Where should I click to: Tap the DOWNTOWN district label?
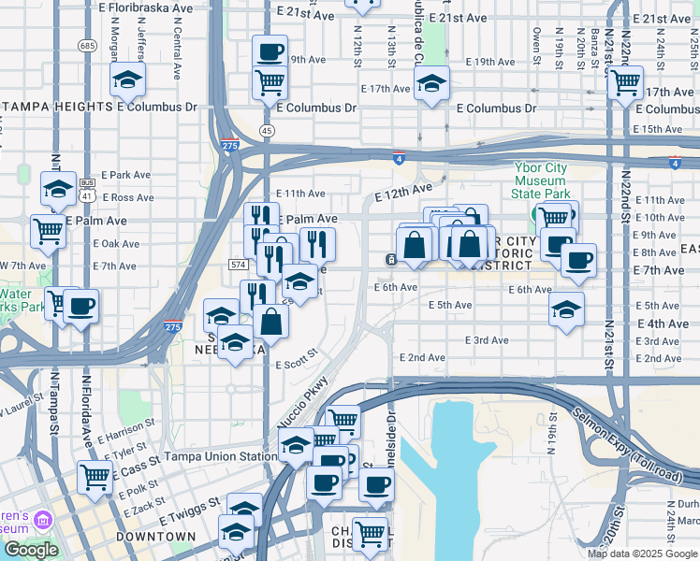(155, 538)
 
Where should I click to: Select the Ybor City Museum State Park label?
(542, 180)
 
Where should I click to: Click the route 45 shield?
(268, 130)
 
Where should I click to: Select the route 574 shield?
(237, 266)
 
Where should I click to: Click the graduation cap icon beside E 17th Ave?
(431, 84)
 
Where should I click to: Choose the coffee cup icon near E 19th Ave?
(270, 51)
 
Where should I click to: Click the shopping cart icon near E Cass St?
(95, 477)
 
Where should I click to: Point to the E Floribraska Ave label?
(140, 7)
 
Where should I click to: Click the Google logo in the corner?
(31, 550)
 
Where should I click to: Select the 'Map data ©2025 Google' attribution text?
(642, 554)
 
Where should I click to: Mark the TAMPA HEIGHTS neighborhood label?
(58, 108)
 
